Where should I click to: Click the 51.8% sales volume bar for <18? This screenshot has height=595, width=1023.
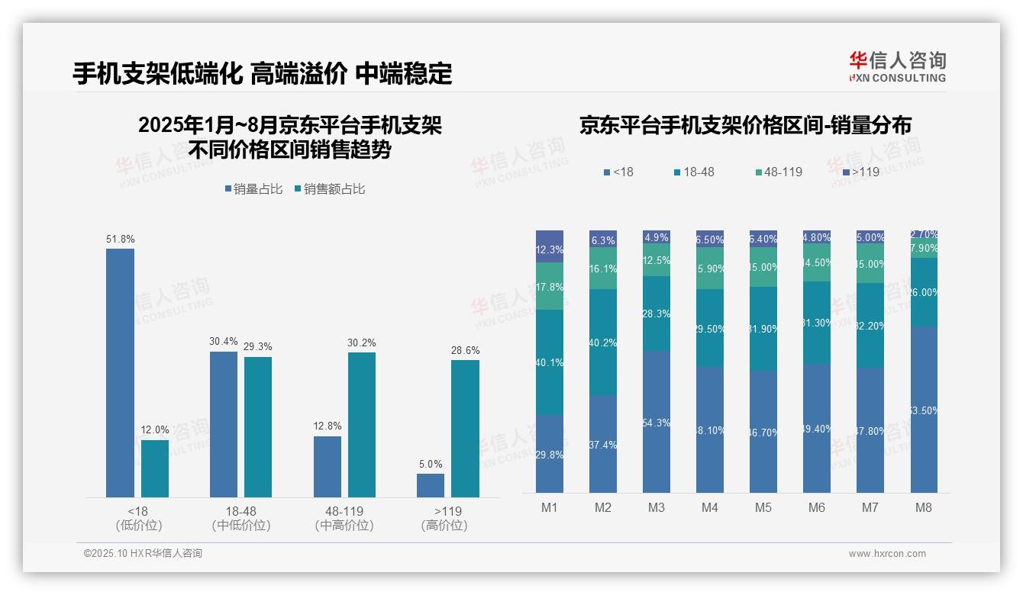[120, 373]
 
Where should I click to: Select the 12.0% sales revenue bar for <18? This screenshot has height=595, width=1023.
[154, 468]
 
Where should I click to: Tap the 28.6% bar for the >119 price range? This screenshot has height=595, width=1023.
[465, 429]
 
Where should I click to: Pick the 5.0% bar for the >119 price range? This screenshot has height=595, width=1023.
[431, 485]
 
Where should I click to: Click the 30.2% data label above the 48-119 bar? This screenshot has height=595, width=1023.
[361, 343]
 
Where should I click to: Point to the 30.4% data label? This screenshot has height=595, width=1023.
[224, 341]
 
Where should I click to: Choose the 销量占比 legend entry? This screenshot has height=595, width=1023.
[253, 189]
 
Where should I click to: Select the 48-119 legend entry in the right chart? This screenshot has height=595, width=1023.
[778, 172]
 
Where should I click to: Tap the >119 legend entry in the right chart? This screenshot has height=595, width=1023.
[860, 172]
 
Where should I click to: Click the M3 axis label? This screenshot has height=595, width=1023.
[657, 507]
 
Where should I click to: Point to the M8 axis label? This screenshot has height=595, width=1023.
[924, 507]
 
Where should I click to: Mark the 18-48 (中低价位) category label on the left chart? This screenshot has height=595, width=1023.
[241, 518]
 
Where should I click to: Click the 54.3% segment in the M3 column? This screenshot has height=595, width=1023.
[657, 422]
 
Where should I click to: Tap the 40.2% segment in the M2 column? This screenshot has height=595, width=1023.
[603, 342]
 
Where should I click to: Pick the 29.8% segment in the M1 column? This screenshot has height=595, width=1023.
[550, 454]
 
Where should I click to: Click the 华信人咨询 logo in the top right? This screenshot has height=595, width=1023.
[897, 66]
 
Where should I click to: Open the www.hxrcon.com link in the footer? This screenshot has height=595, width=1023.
[887, 554]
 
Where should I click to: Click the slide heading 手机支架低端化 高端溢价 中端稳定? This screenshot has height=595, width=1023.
[262, 73]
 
